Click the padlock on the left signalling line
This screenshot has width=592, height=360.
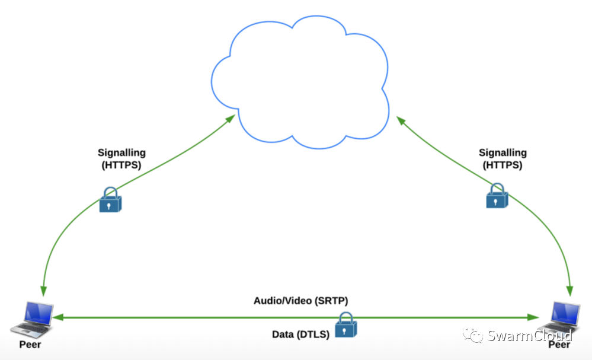click(110, 199)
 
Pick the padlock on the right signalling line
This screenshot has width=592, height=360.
click(497, 196)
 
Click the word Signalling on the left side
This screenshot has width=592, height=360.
click(121, 153)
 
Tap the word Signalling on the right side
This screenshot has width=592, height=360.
click(503, 153)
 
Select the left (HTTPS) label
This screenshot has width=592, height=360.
click(121, 165)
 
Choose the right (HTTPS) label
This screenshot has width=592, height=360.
click(503, 165)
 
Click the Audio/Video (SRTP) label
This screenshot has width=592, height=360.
click(300, 301)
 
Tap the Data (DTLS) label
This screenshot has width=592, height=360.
click(300, 334)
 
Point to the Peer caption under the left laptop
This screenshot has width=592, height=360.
click(30, 345)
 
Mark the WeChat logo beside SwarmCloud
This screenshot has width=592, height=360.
click(473, 336)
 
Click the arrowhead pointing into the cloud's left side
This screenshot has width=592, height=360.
click(231, 119)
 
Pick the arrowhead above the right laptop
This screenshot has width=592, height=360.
click(570, 291)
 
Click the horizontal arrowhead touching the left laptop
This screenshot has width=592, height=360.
click(58, 318)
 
